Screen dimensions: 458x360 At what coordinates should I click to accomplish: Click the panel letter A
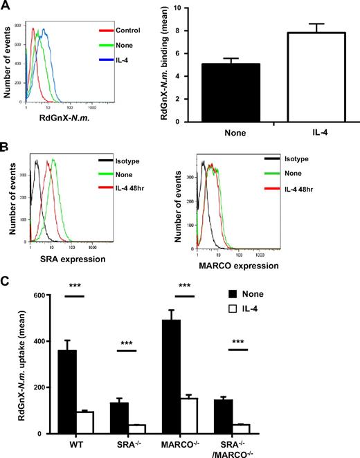[6, 6]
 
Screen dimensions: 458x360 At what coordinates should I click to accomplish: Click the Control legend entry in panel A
[127, 30]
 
